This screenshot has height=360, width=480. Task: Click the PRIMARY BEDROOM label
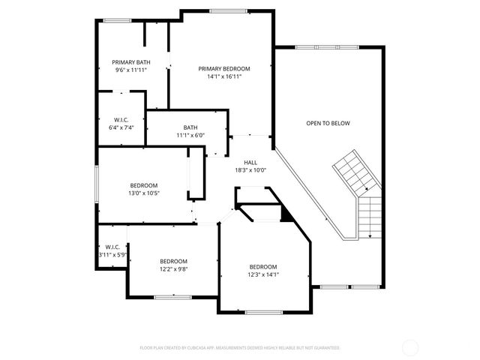coord(224,68)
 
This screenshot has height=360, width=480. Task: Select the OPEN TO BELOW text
coord(328,123)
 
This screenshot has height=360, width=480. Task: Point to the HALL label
coord(250,162)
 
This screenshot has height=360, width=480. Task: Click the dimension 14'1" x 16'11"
coord(224,76)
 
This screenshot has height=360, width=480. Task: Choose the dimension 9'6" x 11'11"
coord(130,70)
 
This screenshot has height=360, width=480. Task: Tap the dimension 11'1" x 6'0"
coord(190,135)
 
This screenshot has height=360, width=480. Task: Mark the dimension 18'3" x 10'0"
coord(250,169)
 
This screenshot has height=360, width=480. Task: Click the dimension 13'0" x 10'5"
coord(144,193)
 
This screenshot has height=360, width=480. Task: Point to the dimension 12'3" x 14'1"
coord(263,274)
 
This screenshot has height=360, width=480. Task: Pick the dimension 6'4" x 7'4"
coord(121,127)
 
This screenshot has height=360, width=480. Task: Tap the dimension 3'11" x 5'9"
coord(112,255)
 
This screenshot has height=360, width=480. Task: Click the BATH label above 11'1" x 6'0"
coord(190,127)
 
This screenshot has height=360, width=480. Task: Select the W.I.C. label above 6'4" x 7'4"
coord(121,119)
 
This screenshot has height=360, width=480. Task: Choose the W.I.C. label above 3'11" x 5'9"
coord(112,247)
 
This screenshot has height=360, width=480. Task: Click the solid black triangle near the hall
coord(286,215)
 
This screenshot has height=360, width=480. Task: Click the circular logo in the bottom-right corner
coord(410,347)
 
